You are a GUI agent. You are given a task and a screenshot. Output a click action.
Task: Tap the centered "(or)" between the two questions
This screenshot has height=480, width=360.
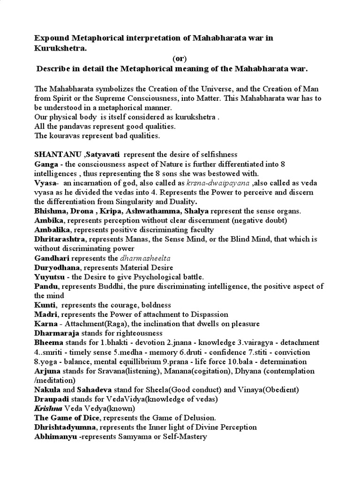(x=179, y=58)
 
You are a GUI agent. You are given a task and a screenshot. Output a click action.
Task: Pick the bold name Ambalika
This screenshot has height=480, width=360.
(x=52, y=230)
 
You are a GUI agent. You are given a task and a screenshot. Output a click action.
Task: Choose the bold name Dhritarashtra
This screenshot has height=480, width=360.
(x=58, y=239)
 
